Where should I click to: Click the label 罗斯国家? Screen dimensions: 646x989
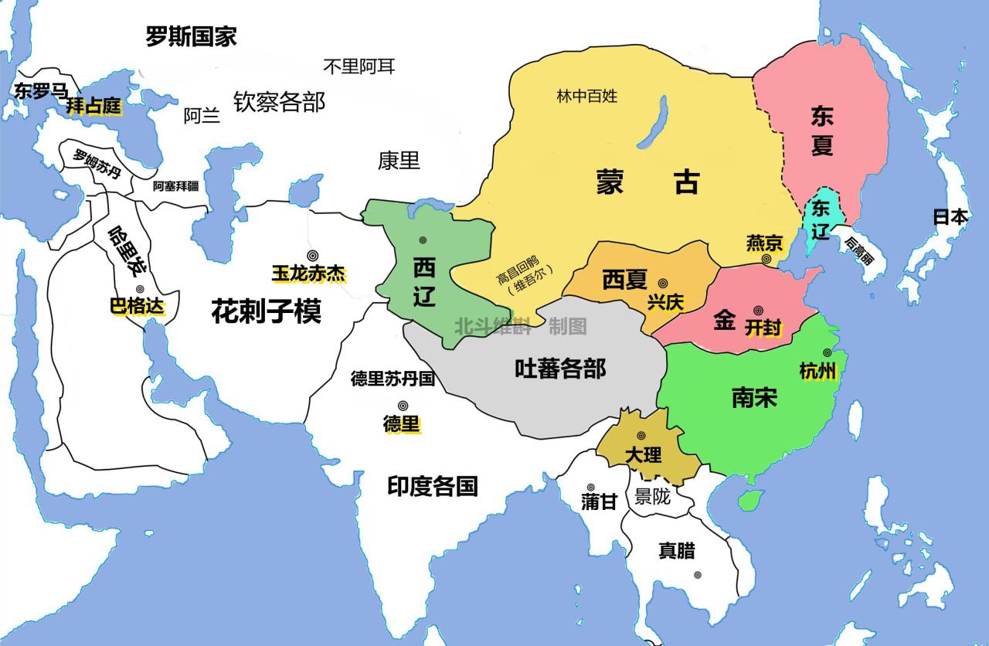(191, 36)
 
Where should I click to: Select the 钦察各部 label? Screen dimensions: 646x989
(279, 101)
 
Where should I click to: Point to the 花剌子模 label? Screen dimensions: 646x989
(266, 311)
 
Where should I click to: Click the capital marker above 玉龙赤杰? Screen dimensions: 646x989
(312, 255)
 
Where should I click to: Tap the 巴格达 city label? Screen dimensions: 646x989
(138, 306)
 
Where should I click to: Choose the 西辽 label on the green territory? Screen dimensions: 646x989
(424, 282)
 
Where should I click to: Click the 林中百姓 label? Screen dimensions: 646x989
(587, 96)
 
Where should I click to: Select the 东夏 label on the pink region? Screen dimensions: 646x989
(821, 131)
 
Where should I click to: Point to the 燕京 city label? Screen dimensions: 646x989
(764, 243)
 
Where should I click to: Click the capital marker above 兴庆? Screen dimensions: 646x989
(663, 284)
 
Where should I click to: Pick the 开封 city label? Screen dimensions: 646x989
(763, 327)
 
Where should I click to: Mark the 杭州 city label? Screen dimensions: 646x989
(817, 371)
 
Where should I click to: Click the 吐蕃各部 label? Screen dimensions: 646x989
(560, 369)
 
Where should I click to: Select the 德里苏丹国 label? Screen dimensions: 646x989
(393, 379)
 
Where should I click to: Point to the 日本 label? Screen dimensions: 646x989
(950, 216)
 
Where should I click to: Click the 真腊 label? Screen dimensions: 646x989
(676, 550)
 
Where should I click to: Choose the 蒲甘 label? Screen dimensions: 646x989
(599, 501)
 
